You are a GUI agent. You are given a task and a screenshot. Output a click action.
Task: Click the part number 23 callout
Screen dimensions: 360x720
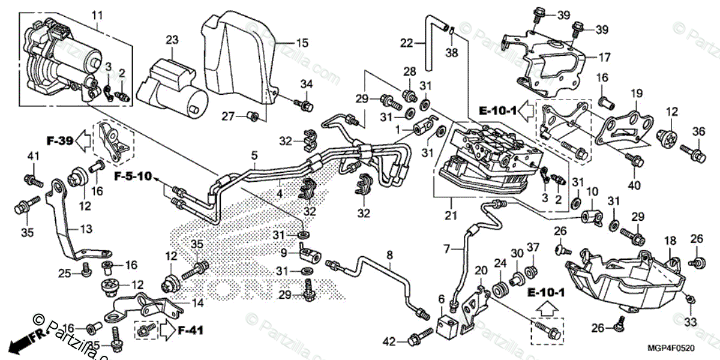click(173, 40)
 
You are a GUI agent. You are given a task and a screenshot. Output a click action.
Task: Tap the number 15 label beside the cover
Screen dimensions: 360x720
click(301, 43)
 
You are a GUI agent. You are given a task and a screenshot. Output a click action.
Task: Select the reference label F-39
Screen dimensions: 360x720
click(60, 142)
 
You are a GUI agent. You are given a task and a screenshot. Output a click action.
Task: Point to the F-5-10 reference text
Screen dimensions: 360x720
click(134, 178)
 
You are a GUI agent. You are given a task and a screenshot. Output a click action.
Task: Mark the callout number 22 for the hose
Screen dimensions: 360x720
click(407, 43)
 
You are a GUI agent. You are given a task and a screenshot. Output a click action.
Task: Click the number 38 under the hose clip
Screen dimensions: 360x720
click(452, 52)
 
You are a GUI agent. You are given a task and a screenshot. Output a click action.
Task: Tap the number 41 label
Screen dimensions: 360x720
click(32, 157)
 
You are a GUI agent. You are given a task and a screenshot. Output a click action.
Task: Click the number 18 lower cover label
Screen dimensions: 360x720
click(670, 241)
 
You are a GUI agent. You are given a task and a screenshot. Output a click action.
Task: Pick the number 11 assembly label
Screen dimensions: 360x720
click(97, 13)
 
